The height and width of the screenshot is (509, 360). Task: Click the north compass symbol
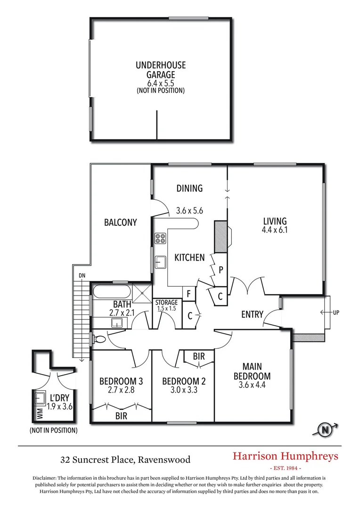pyautogui.click(x=325, y=429)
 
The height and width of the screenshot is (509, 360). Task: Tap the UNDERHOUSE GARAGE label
pyautogui.click(x=161, y=70)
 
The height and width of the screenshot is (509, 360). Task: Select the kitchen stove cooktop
pyautogui.click(x=160, y=238)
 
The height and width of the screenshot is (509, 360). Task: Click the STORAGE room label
pyautogui.click(x=166, y=303)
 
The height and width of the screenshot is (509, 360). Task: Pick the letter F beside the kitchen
pyautogui.click(x=188, y=294)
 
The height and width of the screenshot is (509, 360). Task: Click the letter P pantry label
pyautogui.click(x=220, y=270)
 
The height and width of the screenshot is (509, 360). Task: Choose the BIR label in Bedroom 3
pyautogui.click(x=121, y=416)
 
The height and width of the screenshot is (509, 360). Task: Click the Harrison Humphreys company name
pyautogui.click(x=286, y=456)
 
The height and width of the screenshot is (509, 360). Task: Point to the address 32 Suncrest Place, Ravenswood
pyautogui.click(x=125, y=459)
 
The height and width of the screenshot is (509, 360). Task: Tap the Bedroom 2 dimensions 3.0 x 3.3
pyautogui.click(x=183, y=390)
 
